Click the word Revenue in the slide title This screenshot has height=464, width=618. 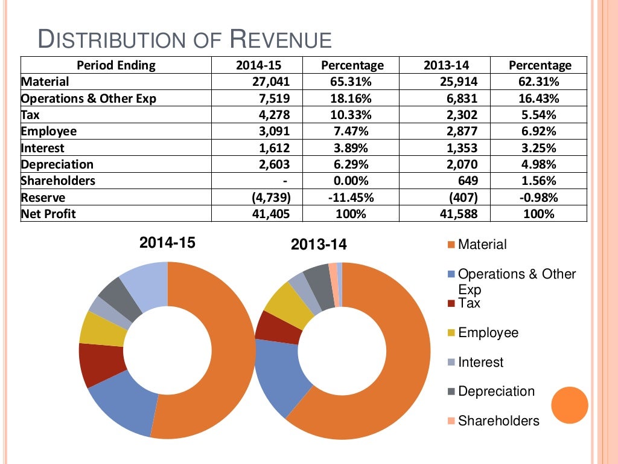pyautogui.click(x=281, y=39)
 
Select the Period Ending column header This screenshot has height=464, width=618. pyautogui.click(x=116, y=65)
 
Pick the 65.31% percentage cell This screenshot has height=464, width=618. pyautogui.click(x=352, y=82)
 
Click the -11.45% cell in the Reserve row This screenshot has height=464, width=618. pyautogui.click(x=352, y=198)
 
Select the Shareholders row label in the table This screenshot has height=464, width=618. pyautogui.click(x=59, y=181)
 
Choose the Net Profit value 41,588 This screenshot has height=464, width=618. pyautogui.click(x=457, y=214)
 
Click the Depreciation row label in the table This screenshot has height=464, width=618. pyautogui.click(x=57, y=164)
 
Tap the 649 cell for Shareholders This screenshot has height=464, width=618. pyautogui.click(x=468, y=181)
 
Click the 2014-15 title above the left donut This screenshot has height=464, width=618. pyautogui.click(x=167, y=243)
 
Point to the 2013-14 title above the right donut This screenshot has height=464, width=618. pyautogui.click(x=319, y=245)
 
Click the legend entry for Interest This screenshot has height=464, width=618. pyautogui.click(x=480, y=362)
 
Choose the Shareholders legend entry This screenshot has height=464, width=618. pyautogui.click(x=498, y=420)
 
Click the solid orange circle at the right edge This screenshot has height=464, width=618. pyautogui.click(x=569, y=405)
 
